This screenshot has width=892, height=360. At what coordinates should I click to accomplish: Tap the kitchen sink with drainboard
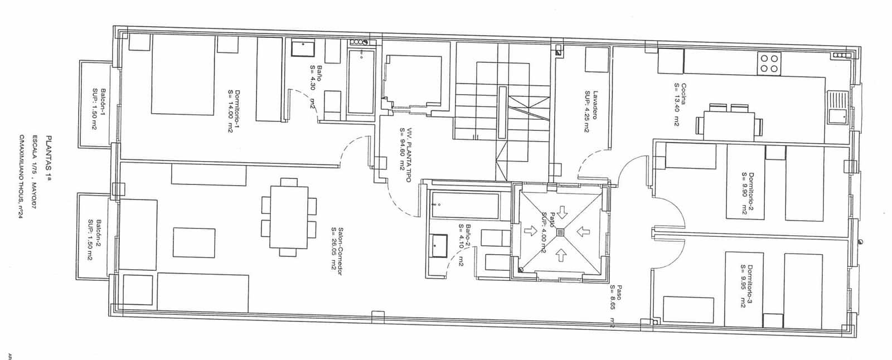point(836,109)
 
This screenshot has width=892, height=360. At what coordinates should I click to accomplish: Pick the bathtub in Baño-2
point(466,206)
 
